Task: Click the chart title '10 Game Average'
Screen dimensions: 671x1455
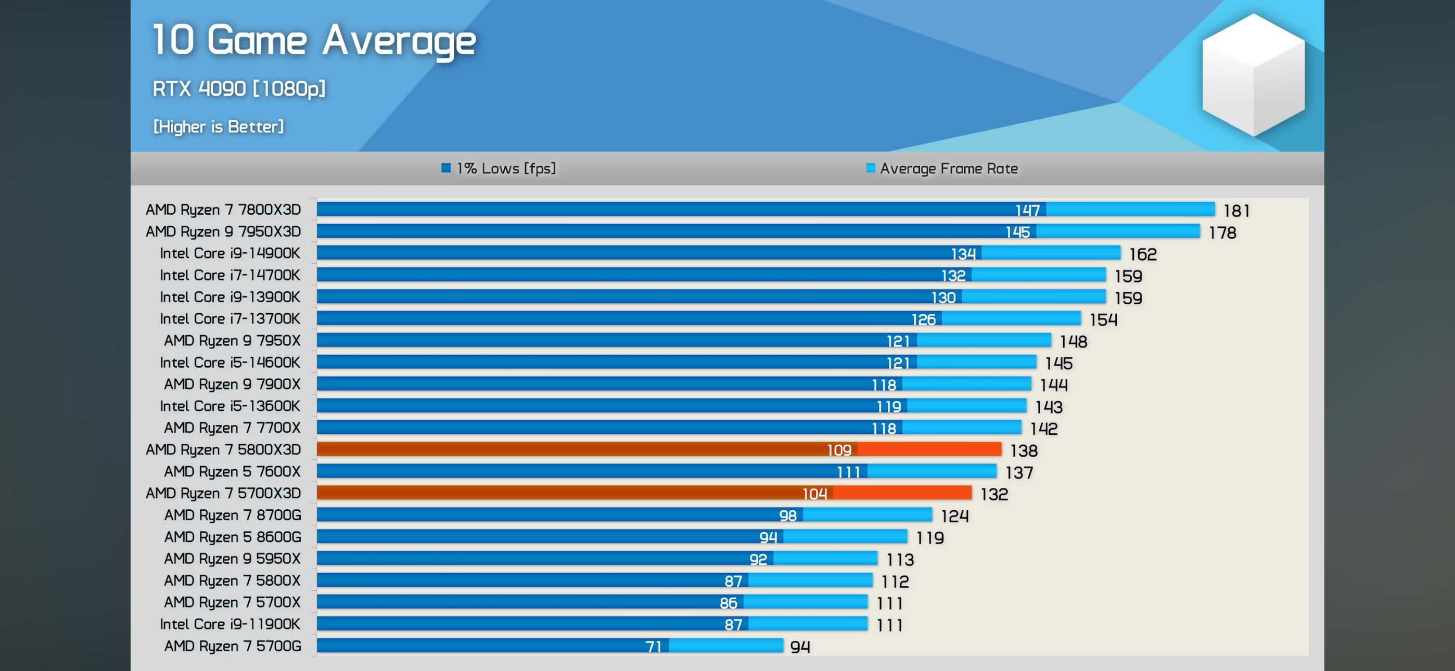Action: [x=314, y=41]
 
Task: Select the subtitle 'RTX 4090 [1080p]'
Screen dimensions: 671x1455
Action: [x=239, y=88]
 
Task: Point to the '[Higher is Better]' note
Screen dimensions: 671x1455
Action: [x=218, y=126]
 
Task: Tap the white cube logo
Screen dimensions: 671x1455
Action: [x=1253, y=74]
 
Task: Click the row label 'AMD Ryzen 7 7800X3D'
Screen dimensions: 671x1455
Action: [x=223, y=210]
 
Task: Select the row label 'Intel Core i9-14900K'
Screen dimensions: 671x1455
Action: [x=230, y=253]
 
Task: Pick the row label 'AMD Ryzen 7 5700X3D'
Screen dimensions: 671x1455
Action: [x=223, y=493]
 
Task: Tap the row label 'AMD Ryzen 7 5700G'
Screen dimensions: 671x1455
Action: [x=233, y=646]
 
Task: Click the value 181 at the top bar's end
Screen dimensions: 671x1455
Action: [x=1236, y=211]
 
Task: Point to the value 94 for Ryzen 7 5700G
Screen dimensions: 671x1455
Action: [x=800, y=647]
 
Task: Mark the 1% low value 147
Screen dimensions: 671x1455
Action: [x=1027, y=210]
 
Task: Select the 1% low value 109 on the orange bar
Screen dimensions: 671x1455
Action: [x=839, y=450]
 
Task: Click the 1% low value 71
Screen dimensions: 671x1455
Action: [x=653, y=646]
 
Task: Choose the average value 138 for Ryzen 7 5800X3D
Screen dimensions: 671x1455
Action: [x=1024, y=451]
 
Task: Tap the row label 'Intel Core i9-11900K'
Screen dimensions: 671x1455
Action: [x=230, y=624]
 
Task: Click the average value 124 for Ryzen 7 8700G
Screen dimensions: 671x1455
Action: [x=954, y=516]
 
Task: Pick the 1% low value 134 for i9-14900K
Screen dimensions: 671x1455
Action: [x=963, y=254]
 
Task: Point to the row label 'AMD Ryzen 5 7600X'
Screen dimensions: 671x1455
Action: [x=232, y=472]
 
